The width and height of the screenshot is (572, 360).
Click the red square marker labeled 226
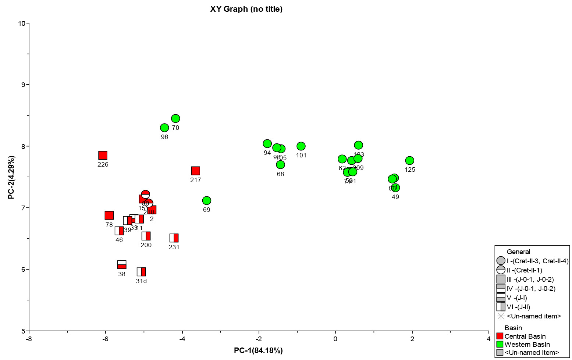pyautogui.click(x=103, y=156)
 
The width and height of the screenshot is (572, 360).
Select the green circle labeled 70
pyautogui.click(x=175, y=118)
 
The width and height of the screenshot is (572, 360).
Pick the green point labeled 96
pyautogui.click(x=164, y=128)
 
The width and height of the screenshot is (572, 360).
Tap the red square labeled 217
pyautogui.click(x=196, y=171)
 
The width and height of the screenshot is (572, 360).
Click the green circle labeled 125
pyautogui.click(x=409, y=161)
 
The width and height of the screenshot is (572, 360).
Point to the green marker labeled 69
pyautogui.click(x=207, y=200)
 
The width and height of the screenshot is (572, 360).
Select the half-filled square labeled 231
pyautogui.click(x=174, y=238)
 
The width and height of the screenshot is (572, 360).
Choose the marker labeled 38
pyautogui.click(x=122, y=265)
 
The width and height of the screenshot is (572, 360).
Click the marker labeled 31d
pyautogui.click(x=141, y=272)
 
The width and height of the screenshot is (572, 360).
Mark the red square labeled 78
pyautogui.click(x=109, y=215)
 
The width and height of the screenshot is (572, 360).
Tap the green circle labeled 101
pyautogui.click(x=301, y=146)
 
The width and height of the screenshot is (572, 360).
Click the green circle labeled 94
pyautogui.click(x=267, y=143)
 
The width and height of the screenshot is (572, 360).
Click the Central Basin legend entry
pyautogui.click(x=525, y=336)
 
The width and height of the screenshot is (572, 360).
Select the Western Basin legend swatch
pyautogui.click(x=500, y=344)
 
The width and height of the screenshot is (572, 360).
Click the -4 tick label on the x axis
pyautogui.click(x=182, y=338)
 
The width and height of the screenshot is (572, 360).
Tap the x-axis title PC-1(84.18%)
pyautogui.click(x=258, y=350)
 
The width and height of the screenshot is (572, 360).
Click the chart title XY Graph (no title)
pyautogui.click(x=246, y=9)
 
